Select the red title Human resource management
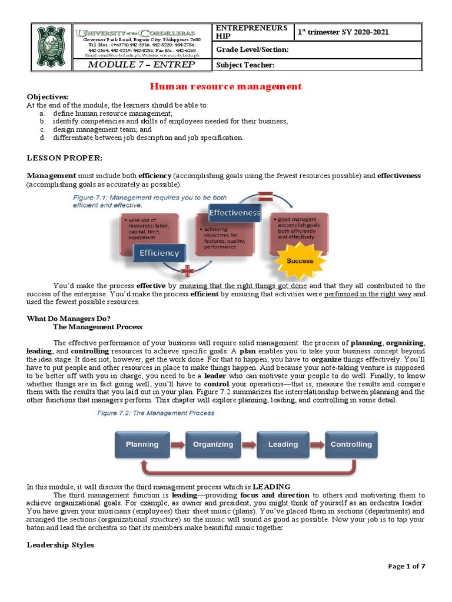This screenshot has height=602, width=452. click(226, 86)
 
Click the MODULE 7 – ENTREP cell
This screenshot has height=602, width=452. click(141, 65)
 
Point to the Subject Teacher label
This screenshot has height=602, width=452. click(245, 65)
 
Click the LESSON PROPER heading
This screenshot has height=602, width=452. click(65, 158)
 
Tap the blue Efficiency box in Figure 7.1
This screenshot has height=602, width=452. click(159, 253)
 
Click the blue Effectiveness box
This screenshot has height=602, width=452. click(235, 212)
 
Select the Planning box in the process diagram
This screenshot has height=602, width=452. click(142, 444)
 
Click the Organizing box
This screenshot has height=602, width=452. click(212, 444)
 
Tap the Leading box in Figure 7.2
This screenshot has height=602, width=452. click(282, 444)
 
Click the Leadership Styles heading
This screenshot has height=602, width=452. click(61, 545)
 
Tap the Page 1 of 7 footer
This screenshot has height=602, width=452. click(407, 566)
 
